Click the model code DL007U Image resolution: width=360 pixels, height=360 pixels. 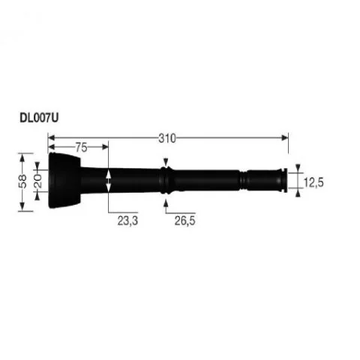[x=39, y=118]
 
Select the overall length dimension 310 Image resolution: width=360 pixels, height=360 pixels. [x=167, y=138]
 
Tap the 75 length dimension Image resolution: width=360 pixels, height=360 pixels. [x=81, y=148]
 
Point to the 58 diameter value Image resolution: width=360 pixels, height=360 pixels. [x=22, y=181]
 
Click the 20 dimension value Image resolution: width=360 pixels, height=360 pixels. [x=37, y=181]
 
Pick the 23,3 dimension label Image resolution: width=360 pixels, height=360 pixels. [x=127, y=220]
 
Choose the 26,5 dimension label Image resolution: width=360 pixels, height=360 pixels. [x=184, y=220]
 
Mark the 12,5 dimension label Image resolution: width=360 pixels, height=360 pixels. [x=313, y=182]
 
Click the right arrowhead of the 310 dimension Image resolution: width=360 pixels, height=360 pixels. [x=285, y=138]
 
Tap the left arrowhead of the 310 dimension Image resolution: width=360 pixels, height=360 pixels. [x=51, y=138]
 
